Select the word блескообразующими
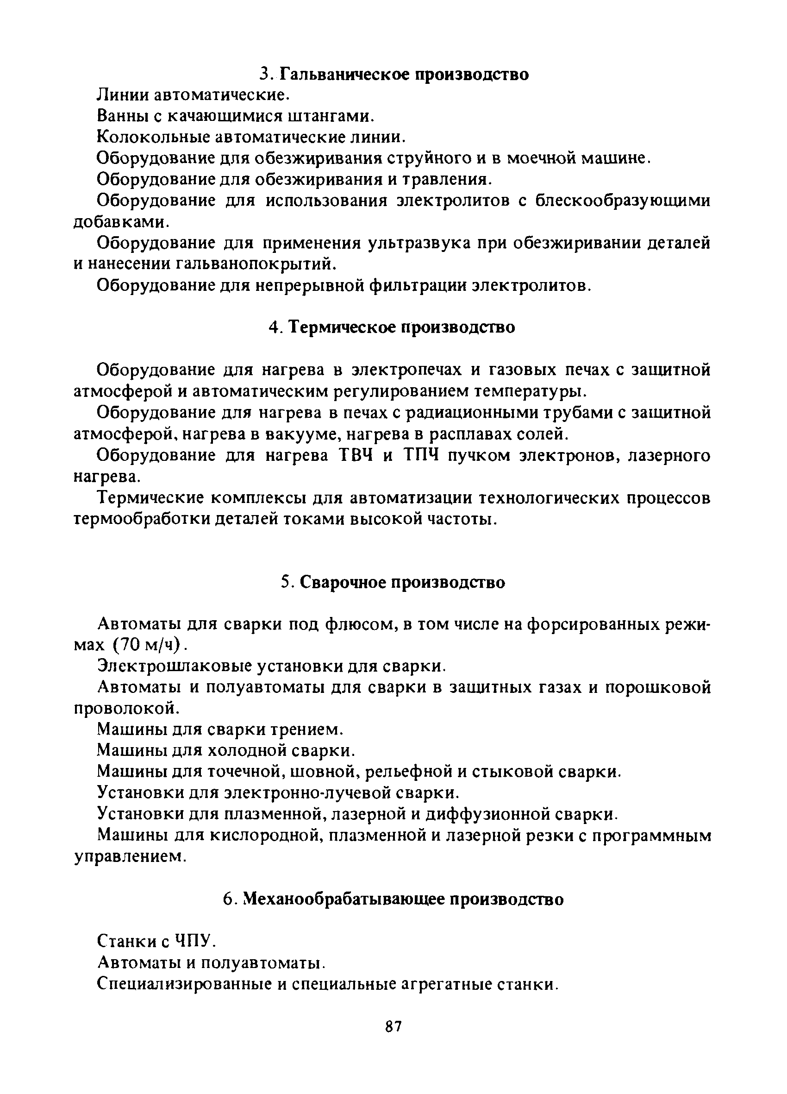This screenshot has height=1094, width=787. (x=623, y=201)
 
